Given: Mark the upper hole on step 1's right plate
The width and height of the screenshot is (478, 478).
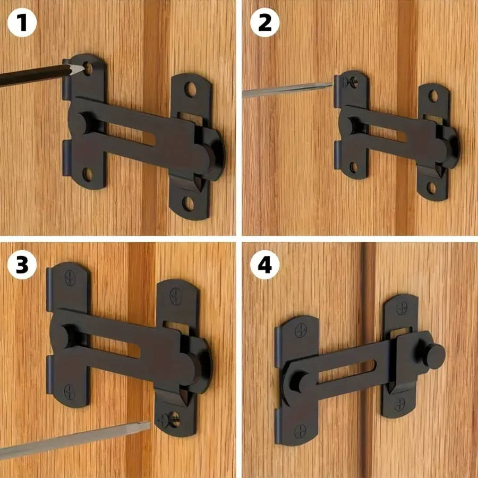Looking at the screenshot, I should [190, 89].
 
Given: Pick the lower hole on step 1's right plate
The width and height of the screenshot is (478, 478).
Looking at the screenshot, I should [189, 203].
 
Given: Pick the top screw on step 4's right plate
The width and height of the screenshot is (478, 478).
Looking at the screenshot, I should [402, 308].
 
